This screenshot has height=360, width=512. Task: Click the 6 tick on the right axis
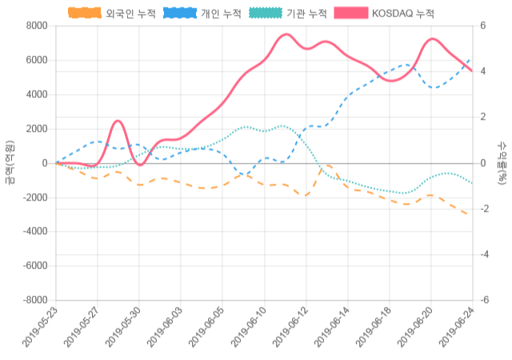point(482,26)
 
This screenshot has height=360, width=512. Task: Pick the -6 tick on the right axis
point(484,300)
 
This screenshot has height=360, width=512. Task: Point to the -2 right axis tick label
point(484,209)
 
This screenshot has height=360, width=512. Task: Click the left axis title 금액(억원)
point(10,162)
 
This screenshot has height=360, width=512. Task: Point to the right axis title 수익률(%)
point(502,162)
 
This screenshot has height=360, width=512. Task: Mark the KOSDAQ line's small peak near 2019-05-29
point(118,121)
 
